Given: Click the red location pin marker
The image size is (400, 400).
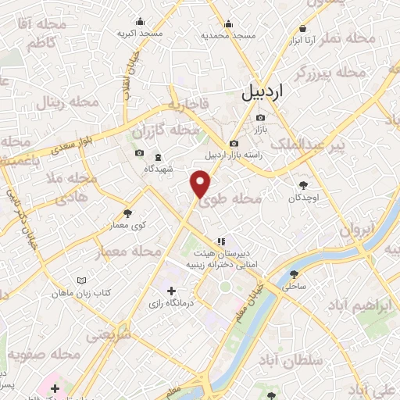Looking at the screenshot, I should point(202,184).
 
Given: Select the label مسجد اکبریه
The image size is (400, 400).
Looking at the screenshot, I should point(141,34).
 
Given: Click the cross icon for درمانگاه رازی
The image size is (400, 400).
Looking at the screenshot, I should point(171,291).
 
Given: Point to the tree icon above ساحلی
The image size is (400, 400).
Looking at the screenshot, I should point(294,274).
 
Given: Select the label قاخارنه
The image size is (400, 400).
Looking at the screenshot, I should point(186,104).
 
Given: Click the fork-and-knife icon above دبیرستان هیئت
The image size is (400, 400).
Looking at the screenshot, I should point(221,241).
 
